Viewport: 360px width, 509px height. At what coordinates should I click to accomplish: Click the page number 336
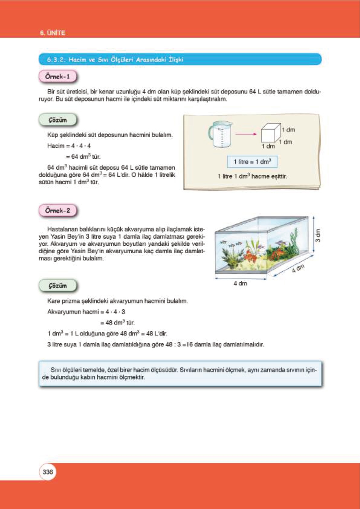click(x=48, y=472)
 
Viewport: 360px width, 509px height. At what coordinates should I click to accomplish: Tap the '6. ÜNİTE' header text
click(x=53, y=33)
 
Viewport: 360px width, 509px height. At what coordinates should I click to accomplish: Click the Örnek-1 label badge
click(x=57, y=76)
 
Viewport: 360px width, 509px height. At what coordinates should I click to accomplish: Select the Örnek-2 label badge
click(x=57, y=210)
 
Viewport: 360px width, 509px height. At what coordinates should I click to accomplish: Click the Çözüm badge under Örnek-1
click(x=57, y=120)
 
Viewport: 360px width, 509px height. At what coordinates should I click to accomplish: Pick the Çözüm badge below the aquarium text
click(x=57, y=286)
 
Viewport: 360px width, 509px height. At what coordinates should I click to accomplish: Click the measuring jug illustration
click(x=220, y=135)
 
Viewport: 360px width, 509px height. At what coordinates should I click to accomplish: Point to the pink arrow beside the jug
click(x=245, y=134)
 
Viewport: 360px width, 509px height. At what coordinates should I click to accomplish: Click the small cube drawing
click(x=271, y=133)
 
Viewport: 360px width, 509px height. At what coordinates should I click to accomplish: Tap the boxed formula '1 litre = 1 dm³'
click(x=252, y=162)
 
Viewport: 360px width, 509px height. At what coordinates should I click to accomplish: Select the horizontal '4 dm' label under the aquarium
click(x=240, y=283)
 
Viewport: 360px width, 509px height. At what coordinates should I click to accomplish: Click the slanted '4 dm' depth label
click(x=298, y=268)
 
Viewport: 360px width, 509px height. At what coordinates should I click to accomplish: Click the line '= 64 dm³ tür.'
click(x=83, y=157)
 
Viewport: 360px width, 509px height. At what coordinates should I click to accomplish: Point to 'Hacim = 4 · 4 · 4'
click(x=69, y=146)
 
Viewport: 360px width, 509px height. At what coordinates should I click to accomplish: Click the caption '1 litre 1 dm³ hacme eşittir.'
click(x=252, y=176)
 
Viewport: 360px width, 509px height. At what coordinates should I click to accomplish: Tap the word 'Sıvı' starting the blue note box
click(x=56, y=370)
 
